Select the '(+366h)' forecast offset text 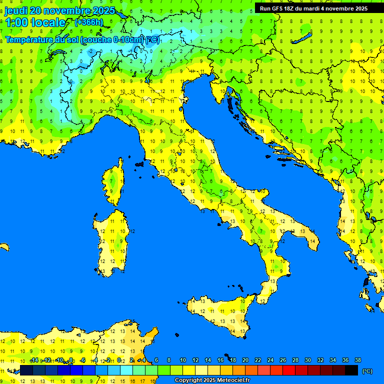pyautogui.click(x=88, y=22)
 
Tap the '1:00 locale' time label pyautogui.click(x=35, y=22)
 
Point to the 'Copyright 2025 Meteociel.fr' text pyautogui.click(x=212, y=380)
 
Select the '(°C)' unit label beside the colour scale pyautogui.click(x=366, y=371)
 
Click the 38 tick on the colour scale pyautogui.click(x=357, y=360)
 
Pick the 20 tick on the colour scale pyautogui.click(x=245, y=360)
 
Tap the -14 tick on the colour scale pyautogui.click(x=34, y=360)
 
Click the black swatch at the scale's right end pyautogui.click(x=351, y=370)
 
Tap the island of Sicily pyautogui.click(x=220, y=315)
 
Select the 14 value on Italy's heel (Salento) pyautogui.click(x=312, y=241)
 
